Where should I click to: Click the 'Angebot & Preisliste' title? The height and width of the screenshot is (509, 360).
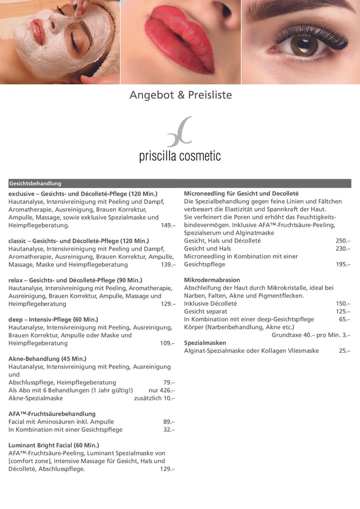pos(180,95)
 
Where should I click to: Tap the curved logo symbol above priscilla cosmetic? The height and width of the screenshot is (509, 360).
pos(180,131)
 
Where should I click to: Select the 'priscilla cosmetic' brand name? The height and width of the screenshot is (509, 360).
pos(180,156)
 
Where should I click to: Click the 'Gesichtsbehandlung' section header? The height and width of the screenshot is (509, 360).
pos(35,183)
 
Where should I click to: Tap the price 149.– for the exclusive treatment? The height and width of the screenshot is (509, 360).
pos(168,225)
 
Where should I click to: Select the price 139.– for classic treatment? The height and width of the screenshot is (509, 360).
pos(168,265)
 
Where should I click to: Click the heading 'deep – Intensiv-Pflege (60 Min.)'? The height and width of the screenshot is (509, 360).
pos(53,320)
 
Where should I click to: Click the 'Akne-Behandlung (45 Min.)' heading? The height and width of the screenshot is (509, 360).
pos(48,359)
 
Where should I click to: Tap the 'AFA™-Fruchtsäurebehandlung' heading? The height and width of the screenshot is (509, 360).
pos(52,414)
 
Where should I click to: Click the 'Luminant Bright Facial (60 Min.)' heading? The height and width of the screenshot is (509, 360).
pos(54,445)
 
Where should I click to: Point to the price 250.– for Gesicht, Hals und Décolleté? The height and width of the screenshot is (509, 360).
pos(343,241)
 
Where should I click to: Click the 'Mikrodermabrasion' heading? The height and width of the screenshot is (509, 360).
pos(212,280)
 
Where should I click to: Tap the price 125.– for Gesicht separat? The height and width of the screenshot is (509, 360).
pos(343,312)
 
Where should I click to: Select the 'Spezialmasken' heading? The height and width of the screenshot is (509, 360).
pos(205,343)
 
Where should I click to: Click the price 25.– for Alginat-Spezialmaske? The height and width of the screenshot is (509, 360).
pos(344,351)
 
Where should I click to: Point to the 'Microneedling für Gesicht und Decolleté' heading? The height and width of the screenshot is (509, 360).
pos(241,194)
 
